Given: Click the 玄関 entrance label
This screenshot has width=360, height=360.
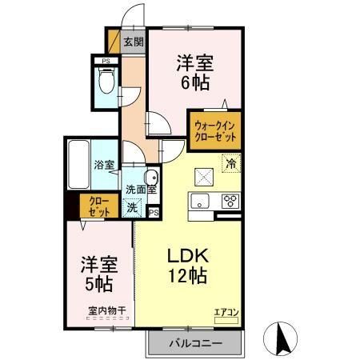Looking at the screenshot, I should (x=133, y=42).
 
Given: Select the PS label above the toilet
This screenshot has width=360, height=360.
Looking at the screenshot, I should (x=104, y=60).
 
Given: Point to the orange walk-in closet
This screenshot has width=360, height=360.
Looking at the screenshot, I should (x=214, y=130).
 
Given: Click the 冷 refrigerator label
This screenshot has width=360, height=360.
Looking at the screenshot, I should (x=230, y=164).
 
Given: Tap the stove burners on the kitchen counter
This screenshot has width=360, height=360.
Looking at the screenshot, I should (x=229, y=199).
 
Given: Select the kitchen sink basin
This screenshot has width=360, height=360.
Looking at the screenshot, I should (x=200, y=199).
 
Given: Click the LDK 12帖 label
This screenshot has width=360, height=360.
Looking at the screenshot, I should (x=188, y=266).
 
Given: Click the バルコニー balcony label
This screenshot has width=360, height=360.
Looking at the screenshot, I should (x=194, y=344).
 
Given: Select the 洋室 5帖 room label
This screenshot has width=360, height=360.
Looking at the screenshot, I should (x=95, y=272).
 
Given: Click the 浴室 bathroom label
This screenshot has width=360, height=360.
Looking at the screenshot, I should (x=104, y=166).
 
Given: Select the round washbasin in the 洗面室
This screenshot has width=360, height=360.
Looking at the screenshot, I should (x=149, y=178).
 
